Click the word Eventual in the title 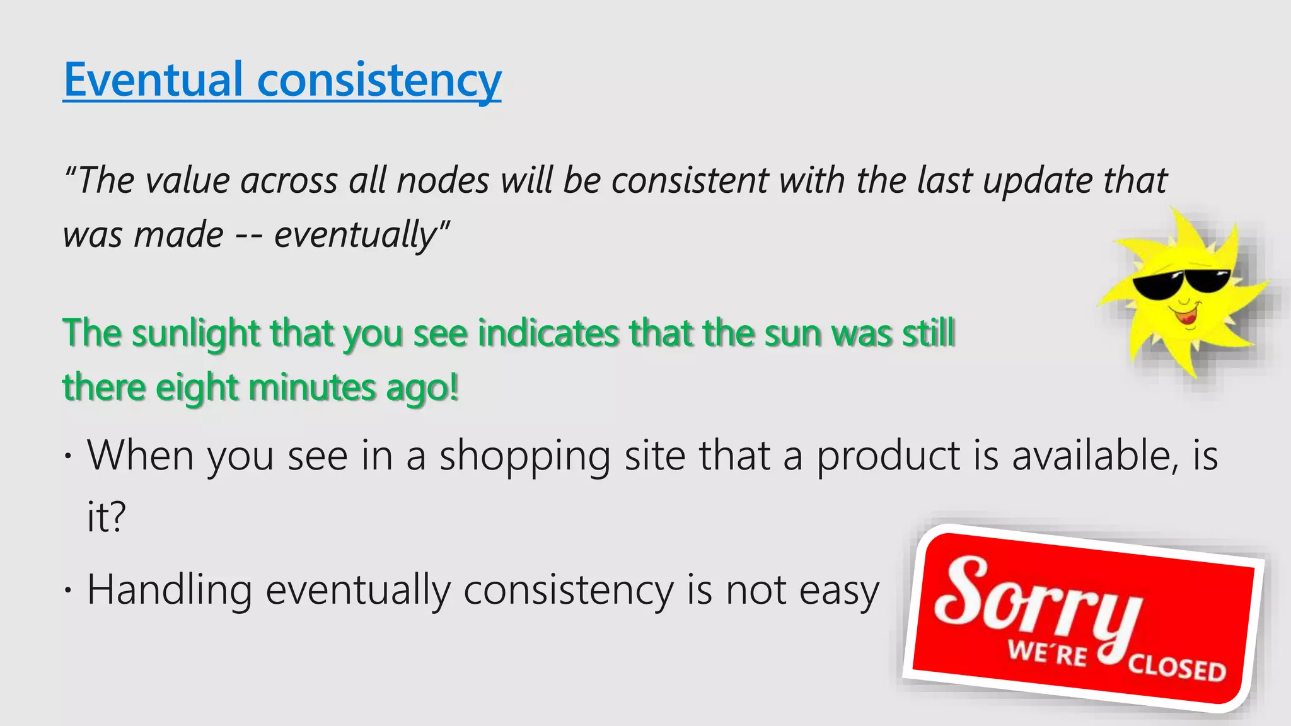pos(153,80)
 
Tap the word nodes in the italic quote pos(443,181)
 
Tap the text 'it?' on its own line pos(106,517)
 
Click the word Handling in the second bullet pos(170,591)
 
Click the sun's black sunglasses pos(1180,284)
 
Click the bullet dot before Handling pos(68,591)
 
